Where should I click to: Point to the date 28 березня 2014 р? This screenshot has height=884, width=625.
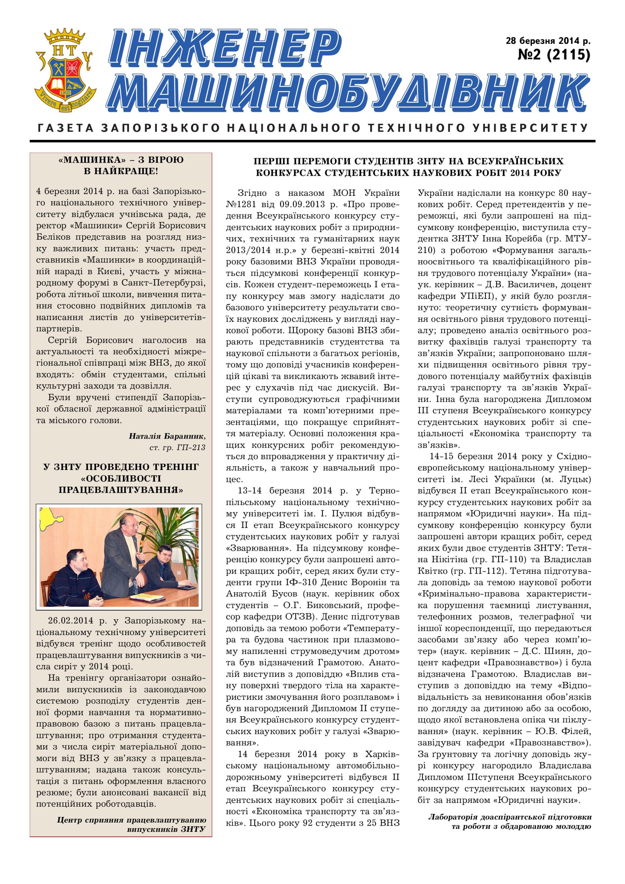[548, 40]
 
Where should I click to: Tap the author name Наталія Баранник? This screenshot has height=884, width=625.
[167, 436]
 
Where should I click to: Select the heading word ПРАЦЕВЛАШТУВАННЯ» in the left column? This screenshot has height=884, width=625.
[121, 490]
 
